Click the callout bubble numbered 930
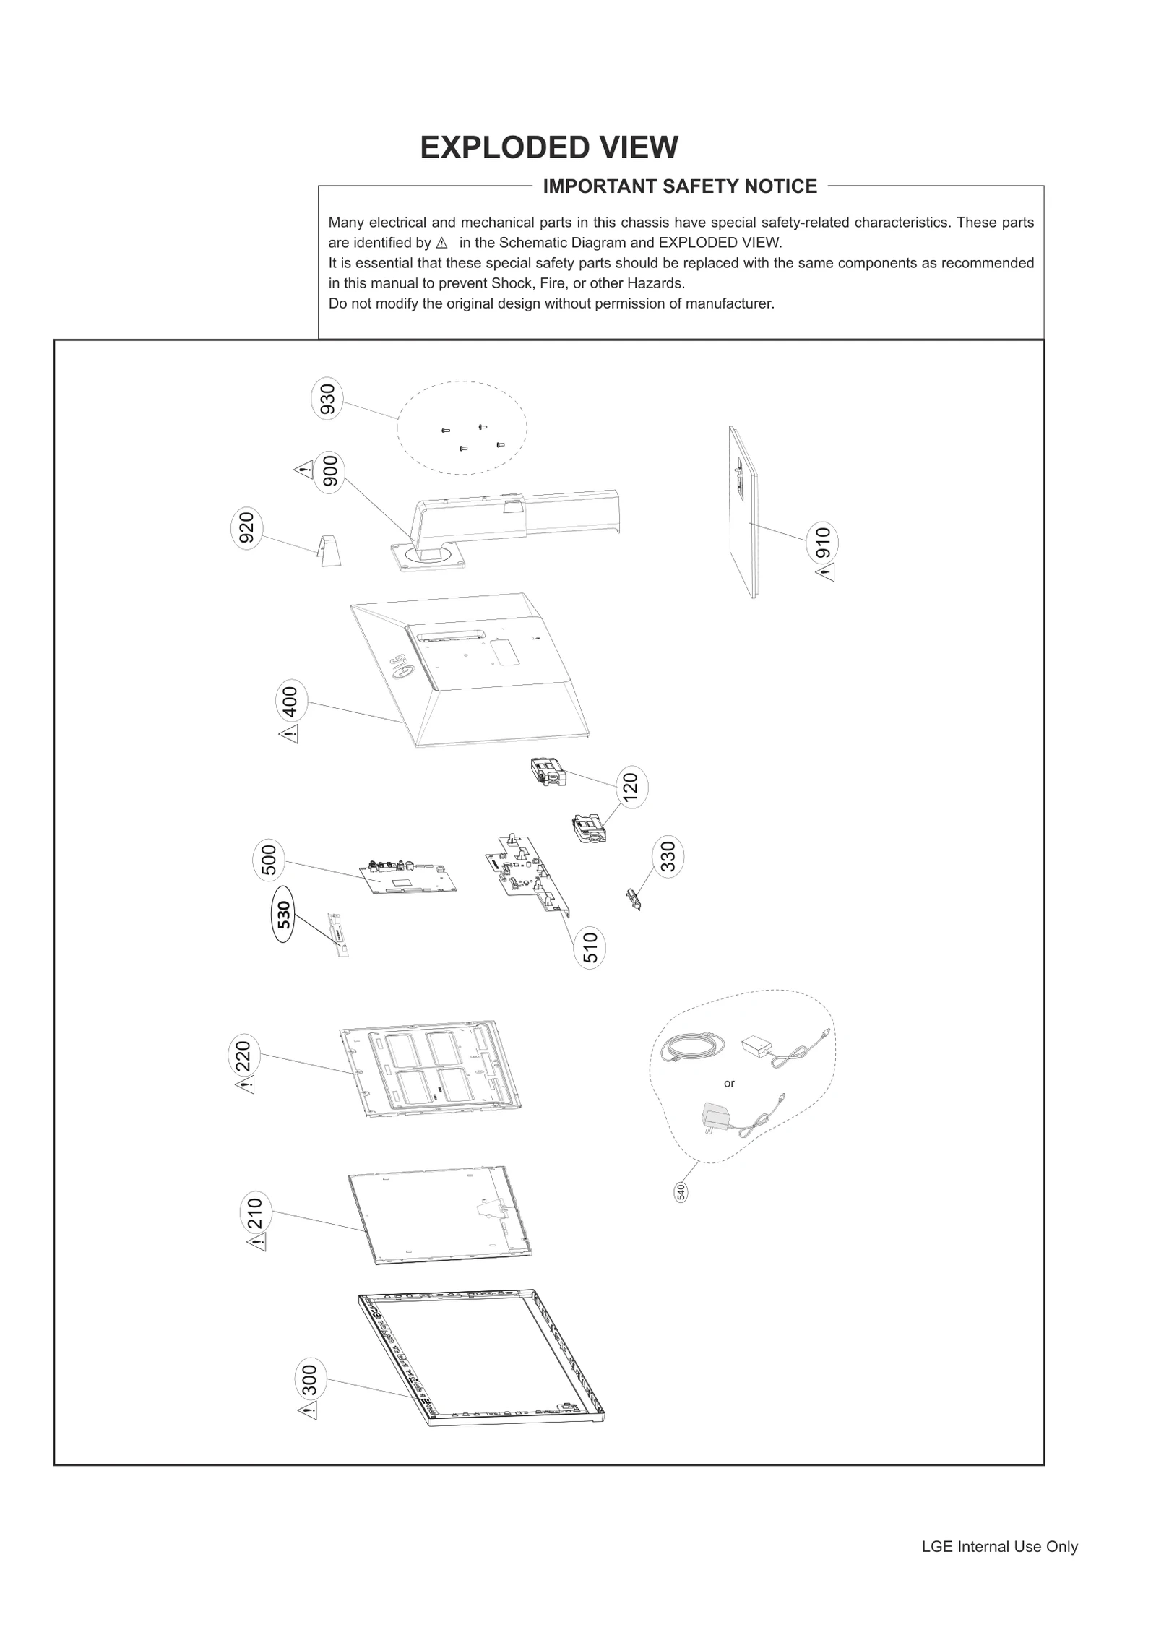pyautogui.click(x=327, y=400)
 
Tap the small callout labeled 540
pyautogui.click(x=681, y=1191)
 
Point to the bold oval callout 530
pyautogui.click(x=283, y=914)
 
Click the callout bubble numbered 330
pyautogui.click(x=668, y=857)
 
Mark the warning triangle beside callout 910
pyautogui.click(x=825, y=573)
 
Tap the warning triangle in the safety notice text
pyautogui.click(x=442, y=243)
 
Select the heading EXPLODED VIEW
pyautogui.click(x=549, y=147)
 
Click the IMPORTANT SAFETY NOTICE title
pyautogui.click(x=679, y=186)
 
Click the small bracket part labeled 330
pyautogui.click(x=634, y=900)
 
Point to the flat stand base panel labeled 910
pyautogui.click(x=744, y=513)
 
